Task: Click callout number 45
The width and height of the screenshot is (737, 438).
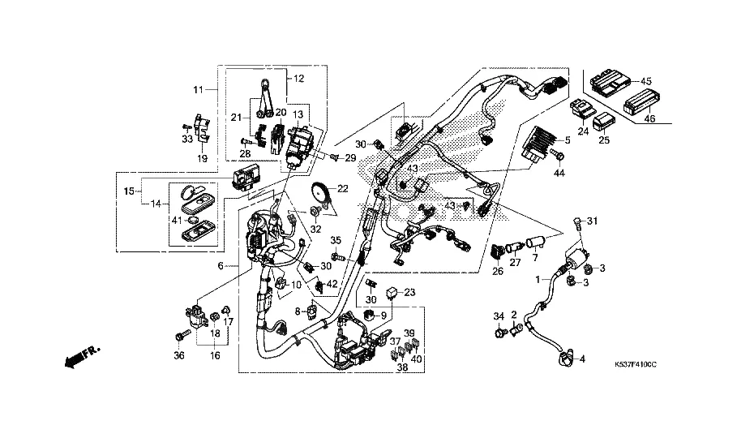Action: pyautogui.click(x=646, y=81)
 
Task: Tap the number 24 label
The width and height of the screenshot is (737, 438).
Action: pyautogui.click(x=582, y=132)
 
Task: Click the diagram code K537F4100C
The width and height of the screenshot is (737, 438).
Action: pyautogui.click(x=636, y=367)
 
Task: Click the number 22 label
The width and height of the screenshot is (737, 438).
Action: pyautogui.click(x=343, y=188)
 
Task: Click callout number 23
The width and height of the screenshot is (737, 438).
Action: pyautogui.click(x=409, y=294)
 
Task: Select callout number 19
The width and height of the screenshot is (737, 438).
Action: pyautogui.click(x=204, y=160)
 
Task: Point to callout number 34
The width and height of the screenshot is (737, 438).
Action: pyautogui.click(x=498, y=315)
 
